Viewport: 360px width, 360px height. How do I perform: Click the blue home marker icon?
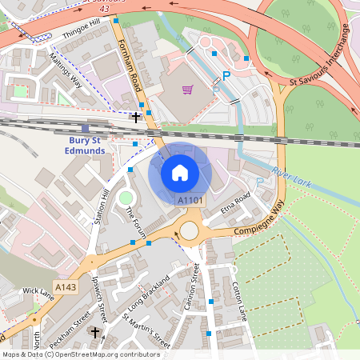[180, 173]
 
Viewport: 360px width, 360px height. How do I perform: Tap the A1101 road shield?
[190, 200]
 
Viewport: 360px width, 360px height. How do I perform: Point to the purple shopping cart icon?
[188, 90]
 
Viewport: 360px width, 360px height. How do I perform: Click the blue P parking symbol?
[226, 76]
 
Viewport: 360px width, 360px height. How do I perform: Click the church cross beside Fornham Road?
[136, 117]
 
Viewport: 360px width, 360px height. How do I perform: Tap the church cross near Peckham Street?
[95, 332]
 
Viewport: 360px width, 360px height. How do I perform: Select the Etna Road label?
[236, 205]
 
